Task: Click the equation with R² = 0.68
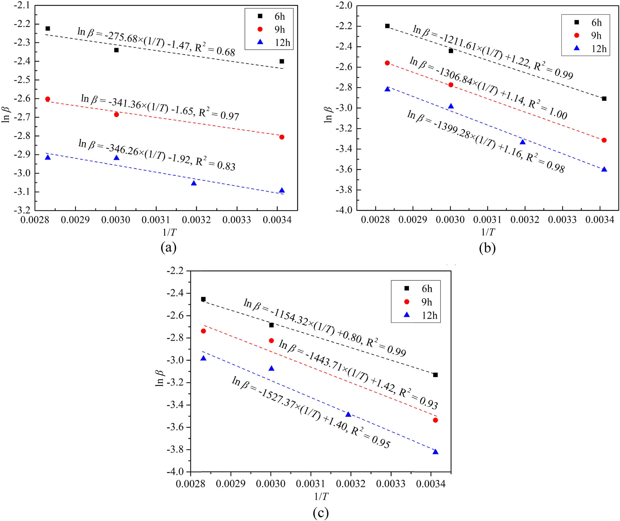pyautogui.click(x=156, y=42)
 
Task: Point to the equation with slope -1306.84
pyautogui.click(x=488, y=88)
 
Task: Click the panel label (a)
pyautogui.click(x=169, y=247)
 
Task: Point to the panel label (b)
pyautogui.click(x=487, y=248)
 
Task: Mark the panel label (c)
pyautogui.click(x=321, y=513)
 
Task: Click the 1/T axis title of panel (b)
pyautogui.click(x=488, y=232)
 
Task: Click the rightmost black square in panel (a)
pyautogui.click(x=282, y=61)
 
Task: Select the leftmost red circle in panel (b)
pyautogui.click(x=387, y=63)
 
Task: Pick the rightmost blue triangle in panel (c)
pyautogui.click(x=436, y=452)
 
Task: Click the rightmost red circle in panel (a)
pyautogui.click(x=282, y=137)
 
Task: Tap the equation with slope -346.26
pyautogui.click(x=157, y=155)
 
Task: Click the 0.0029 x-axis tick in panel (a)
pyautogui.click(x=75, y=220)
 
